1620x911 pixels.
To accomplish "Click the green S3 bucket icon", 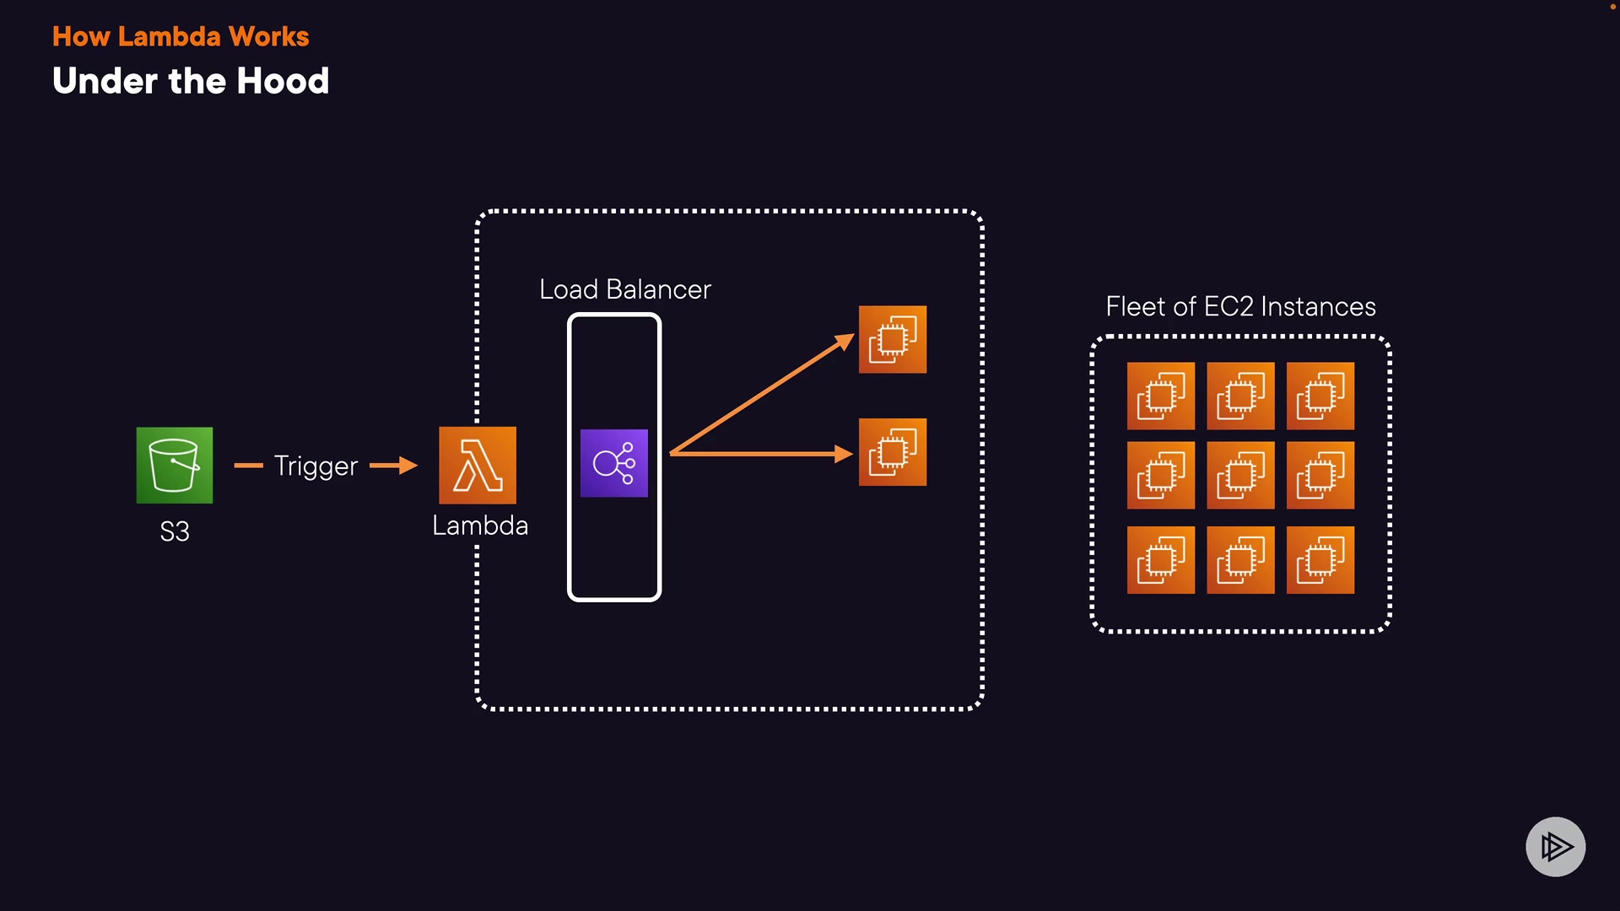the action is point(175,465).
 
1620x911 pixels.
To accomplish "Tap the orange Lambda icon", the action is point(478,465).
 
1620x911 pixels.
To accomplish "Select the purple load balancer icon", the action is point(614,463).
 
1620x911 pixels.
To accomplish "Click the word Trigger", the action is point(316,466).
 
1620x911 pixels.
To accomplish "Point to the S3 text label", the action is point(175,531).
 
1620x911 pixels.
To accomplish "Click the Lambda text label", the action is point(480,526).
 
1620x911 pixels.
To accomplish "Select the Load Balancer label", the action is point(625,289).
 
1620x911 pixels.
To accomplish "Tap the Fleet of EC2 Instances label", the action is point(1240,306).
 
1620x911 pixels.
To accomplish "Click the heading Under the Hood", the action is point(191,81).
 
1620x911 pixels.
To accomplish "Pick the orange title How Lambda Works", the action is point(181,36).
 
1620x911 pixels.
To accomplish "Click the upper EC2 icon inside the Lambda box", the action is point(893,339).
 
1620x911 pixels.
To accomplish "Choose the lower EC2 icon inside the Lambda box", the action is point(893,452).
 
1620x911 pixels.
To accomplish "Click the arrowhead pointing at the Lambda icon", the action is point(408,465).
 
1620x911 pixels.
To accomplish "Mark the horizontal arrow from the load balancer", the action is point(762,454).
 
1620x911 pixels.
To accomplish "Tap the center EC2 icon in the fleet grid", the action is point(1240,475).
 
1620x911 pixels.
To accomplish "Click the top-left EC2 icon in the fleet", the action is point(1161,396).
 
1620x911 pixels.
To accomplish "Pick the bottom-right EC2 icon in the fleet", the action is point(1320,560).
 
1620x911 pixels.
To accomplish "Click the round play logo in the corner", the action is point(1556,847).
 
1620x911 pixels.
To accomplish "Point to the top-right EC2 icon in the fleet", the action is point(1320,396).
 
